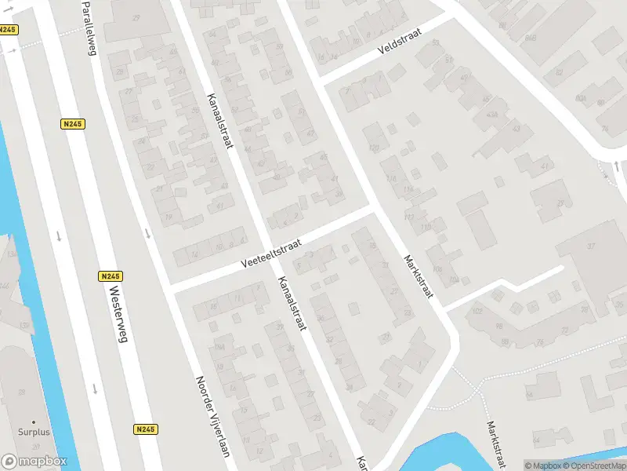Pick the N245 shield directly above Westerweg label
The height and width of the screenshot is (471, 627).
point(111,276)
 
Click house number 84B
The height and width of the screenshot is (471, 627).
point(531,37)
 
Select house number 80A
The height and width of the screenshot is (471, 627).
point(581,98)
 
